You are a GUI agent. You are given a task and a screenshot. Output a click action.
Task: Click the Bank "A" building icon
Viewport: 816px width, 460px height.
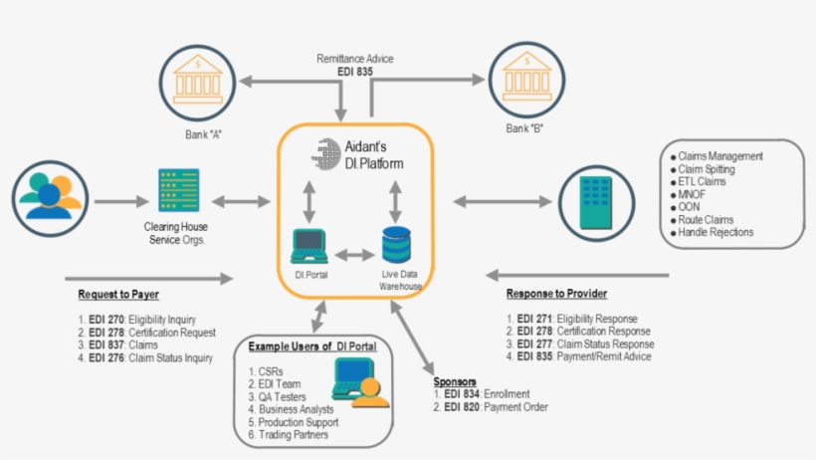(x=197, y=78)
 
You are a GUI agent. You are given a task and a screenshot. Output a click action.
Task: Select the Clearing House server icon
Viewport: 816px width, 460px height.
(x=178, y=190)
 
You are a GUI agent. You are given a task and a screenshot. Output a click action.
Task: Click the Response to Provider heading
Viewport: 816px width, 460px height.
(x=558, y=294)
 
